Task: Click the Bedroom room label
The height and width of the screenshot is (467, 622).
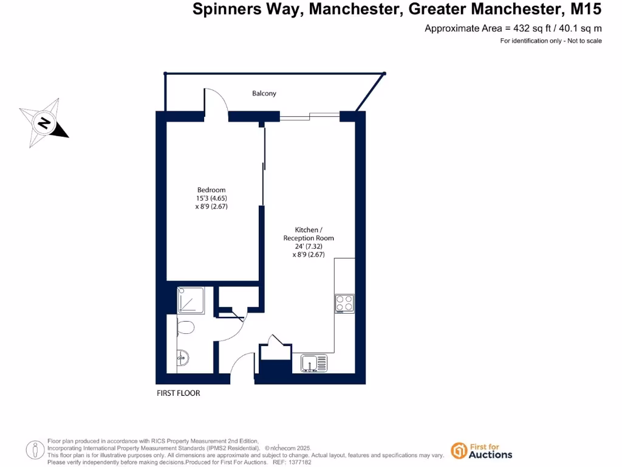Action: [211, 190]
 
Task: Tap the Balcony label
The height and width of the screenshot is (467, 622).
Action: [264, 94]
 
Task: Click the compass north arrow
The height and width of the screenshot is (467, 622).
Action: [44, 123]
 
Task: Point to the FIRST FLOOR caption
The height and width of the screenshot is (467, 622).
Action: [179, 393]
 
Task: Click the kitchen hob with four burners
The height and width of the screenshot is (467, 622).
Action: [344, 303]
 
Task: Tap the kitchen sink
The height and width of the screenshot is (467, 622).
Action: [314, 363]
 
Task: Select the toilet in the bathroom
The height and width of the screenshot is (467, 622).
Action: [185, 328]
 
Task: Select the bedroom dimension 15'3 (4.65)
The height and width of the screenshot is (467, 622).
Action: [211, 198]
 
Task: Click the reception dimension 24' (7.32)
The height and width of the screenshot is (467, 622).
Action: [309, 246]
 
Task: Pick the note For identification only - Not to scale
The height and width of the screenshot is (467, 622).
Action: [550, 41]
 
